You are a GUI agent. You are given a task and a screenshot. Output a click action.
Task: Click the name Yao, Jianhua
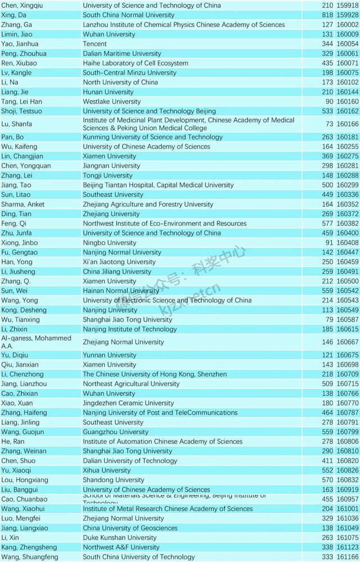pos(20,44)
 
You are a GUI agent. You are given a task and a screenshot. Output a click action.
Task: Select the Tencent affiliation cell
pos(94,44)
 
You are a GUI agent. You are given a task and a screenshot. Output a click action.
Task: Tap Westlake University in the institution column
pos(111,102)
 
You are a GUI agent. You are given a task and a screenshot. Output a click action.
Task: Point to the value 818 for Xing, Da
pos(326,15)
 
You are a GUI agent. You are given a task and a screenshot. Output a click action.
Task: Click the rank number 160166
pos(347,124)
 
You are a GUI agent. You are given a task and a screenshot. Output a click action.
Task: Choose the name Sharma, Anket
pos(23,205)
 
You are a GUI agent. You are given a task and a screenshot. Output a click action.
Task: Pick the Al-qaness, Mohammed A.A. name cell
pos(37,342)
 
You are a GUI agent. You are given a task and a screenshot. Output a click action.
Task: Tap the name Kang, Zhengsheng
pos(29,547)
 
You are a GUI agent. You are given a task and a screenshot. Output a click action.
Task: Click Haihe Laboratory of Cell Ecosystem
pos(136,64)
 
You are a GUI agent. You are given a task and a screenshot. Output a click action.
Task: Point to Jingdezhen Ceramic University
pos(128,403)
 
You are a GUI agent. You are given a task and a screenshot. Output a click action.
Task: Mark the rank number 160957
pos(347,499)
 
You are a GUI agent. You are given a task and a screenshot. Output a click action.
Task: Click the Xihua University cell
pos(106,470)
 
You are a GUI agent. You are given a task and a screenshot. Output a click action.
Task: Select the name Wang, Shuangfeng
pos(29,557)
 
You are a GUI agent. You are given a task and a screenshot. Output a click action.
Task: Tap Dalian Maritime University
pos(122,54)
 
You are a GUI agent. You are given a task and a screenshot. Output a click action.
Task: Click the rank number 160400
pos(347,233)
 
